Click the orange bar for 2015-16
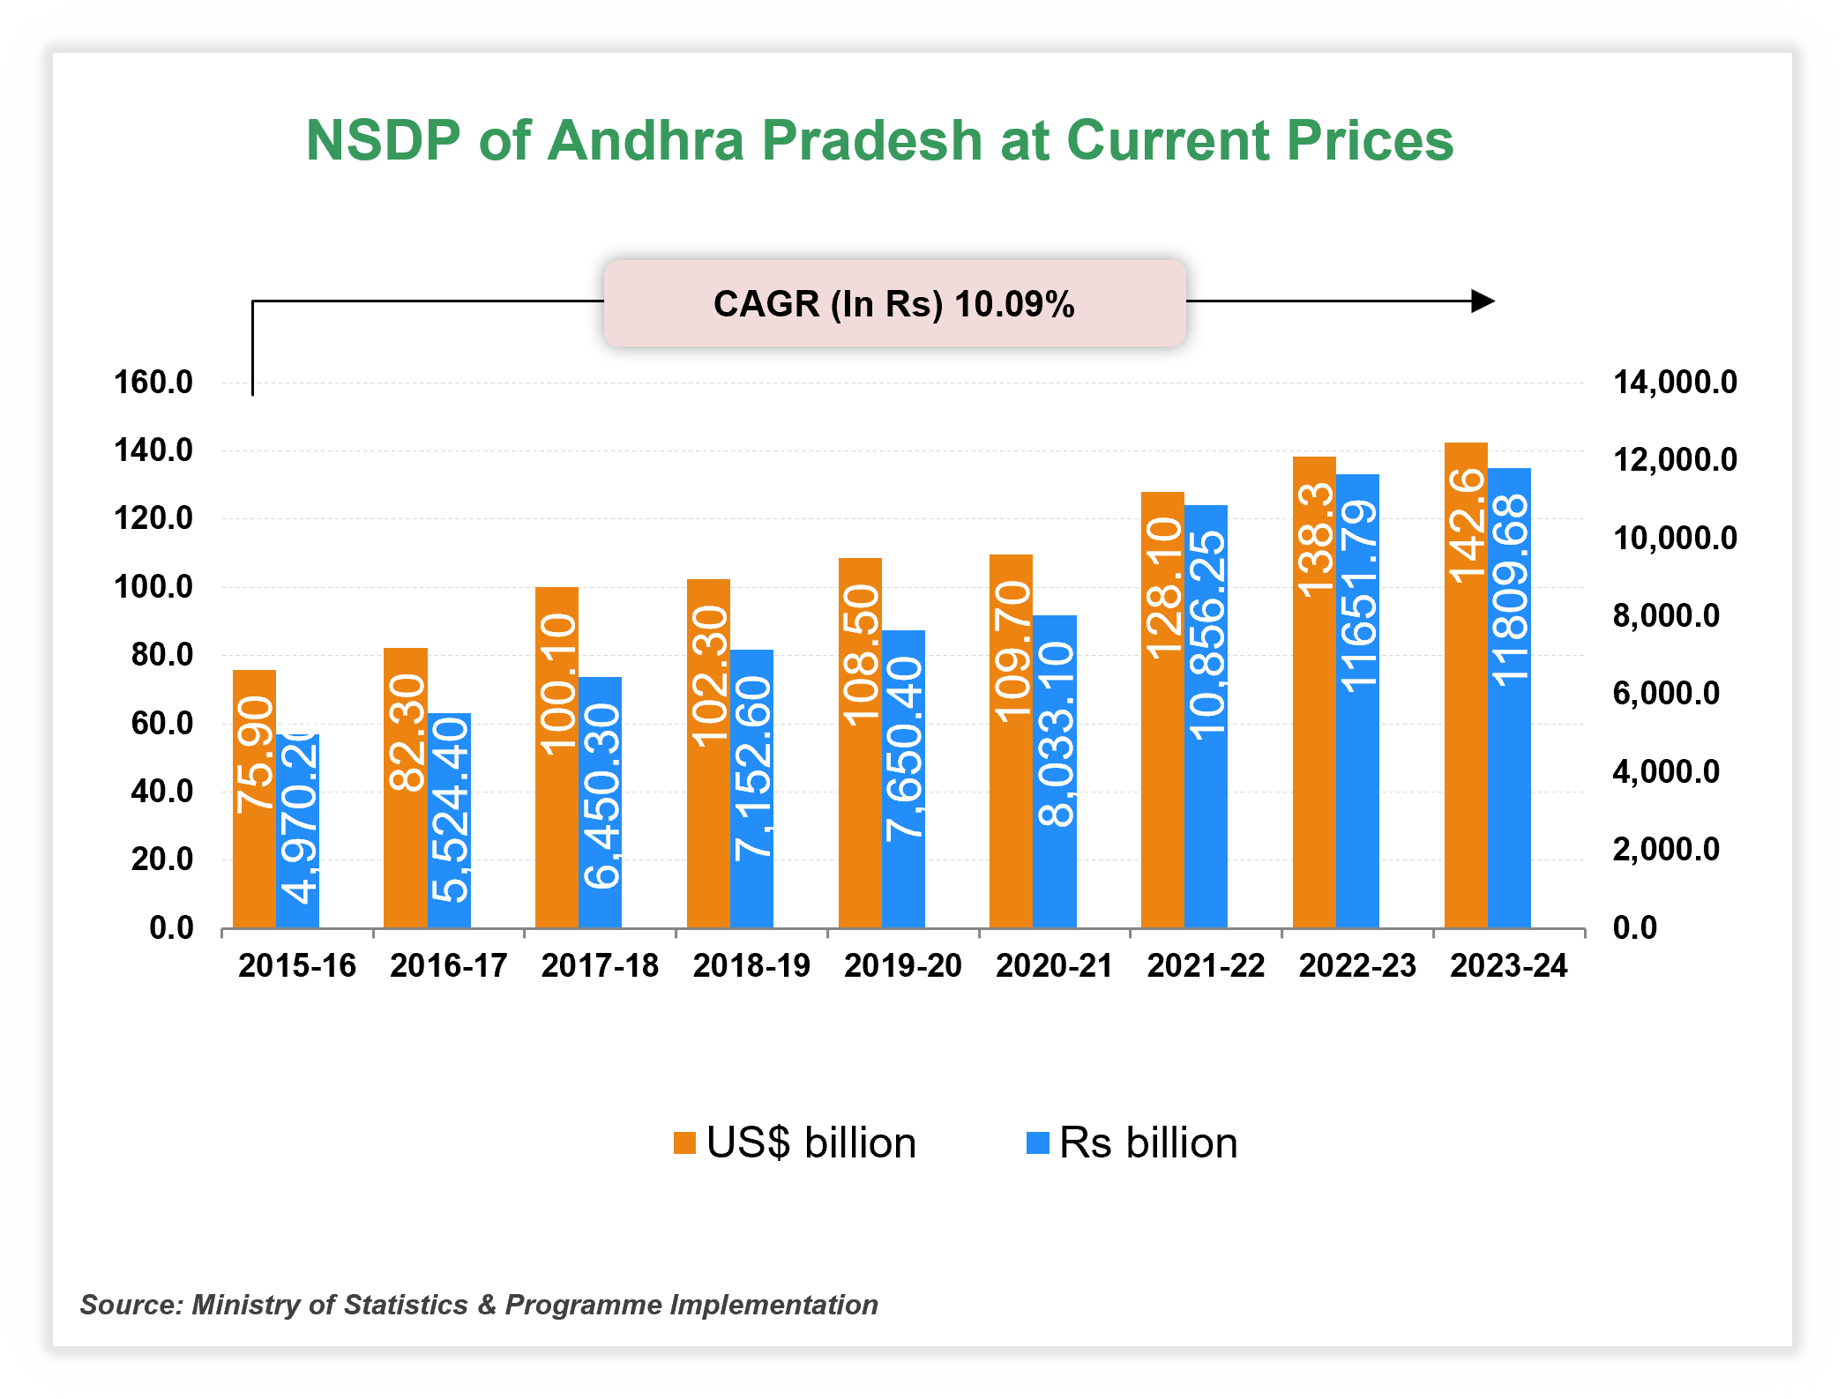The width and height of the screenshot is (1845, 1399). pyautogui.click(x=254, y=798)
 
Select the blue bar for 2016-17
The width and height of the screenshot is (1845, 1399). pyautogui.click(x=450, y=820)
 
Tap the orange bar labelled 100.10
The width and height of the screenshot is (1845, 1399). pyautogui.click(x=556, y=758)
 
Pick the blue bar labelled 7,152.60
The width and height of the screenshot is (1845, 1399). pyautogui.click(x=752, y=789)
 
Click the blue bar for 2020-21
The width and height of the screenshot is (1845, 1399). pyautogui.click(x=1055, y=771)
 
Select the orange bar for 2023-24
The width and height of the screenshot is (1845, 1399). pyautogui.click(x=1466, y=685)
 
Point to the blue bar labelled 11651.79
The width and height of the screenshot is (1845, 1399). pyautogui.click(x=1358, y=701)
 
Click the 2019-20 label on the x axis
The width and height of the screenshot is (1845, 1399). pyautogui.click(x=902, y=966)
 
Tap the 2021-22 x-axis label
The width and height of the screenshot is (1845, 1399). pyautogui.click(x=1206, y=966)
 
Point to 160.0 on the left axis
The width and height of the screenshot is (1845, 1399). pyautogui.click(x=153, y=383)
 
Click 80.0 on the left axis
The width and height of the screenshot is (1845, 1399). pyautogui.click(x=162, y=655)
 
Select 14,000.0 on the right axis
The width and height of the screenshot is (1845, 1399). pyautogui.click(x=1674, y=383)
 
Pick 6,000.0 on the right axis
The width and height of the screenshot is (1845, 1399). pyautogui.click(x=1665, y=694)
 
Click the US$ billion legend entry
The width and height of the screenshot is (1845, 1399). pyautogui.click(x=795, y=1143)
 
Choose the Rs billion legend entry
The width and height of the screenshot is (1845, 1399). pyautogui.click(x=1132, y=1143)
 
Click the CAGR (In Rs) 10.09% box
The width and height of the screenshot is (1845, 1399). pyautogui.click(x=894, y=303)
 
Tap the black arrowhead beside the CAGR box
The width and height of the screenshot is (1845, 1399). pyautogui.click(x=1483, y=301)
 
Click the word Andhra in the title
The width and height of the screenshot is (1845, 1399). pyautogui.click(x=646, y=141)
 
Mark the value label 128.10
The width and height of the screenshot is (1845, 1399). pyautogui.click(x=1163, y=588)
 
